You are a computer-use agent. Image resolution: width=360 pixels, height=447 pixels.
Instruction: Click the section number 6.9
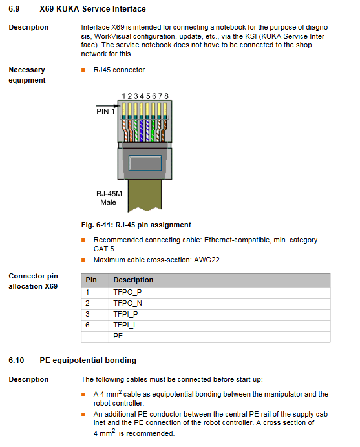point(14,9)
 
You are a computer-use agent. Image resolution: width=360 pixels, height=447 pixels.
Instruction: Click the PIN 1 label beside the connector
point(105,112)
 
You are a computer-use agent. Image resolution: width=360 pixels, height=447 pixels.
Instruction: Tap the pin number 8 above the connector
point(166,96)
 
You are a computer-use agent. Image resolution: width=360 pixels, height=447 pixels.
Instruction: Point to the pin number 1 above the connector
point(123,96)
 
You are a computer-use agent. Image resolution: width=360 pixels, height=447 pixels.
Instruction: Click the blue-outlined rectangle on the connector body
point(145,163)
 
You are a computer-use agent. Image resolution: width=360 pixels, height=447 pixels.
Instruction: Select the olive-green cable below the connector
point(145,195)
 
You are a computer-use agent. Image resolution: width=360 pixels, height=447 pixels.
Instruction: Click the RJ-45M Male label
point(109,198)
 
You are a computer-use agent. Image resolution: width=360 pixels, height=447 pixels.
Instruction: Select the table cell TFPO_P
point(127,292)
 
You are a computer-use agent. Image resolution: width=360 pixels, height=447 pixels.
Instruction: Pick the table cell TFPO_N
point(127,303)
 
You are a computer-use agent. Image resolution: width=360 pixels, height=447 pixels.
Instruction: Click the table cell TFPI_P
point(125,314)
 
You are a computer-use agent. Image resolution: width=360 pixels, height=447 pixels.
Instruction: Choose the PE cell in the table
point(118,336)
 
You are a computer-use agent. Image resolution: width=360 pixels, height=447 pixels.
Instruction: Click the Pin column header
point(91,280)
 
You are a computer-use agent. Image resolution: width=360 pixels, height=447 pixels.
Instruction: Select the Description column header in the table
point(133,280)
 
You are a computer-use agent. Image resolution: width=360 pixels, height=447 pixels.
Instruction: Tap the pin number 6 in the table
point(87,325)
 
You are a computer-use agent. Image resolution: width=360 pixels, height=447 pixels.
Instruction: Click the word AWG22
point(207,260)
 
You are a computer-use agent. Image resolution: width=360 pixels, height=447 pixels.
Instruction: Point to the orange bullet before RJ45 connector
point(83,70)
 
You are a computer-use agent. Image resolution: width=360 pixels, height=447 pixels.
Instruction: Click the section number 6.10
point(16,360)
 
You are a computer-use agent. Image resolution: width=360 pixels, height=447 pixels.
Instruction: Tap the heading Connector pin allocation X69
point(33,281)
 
